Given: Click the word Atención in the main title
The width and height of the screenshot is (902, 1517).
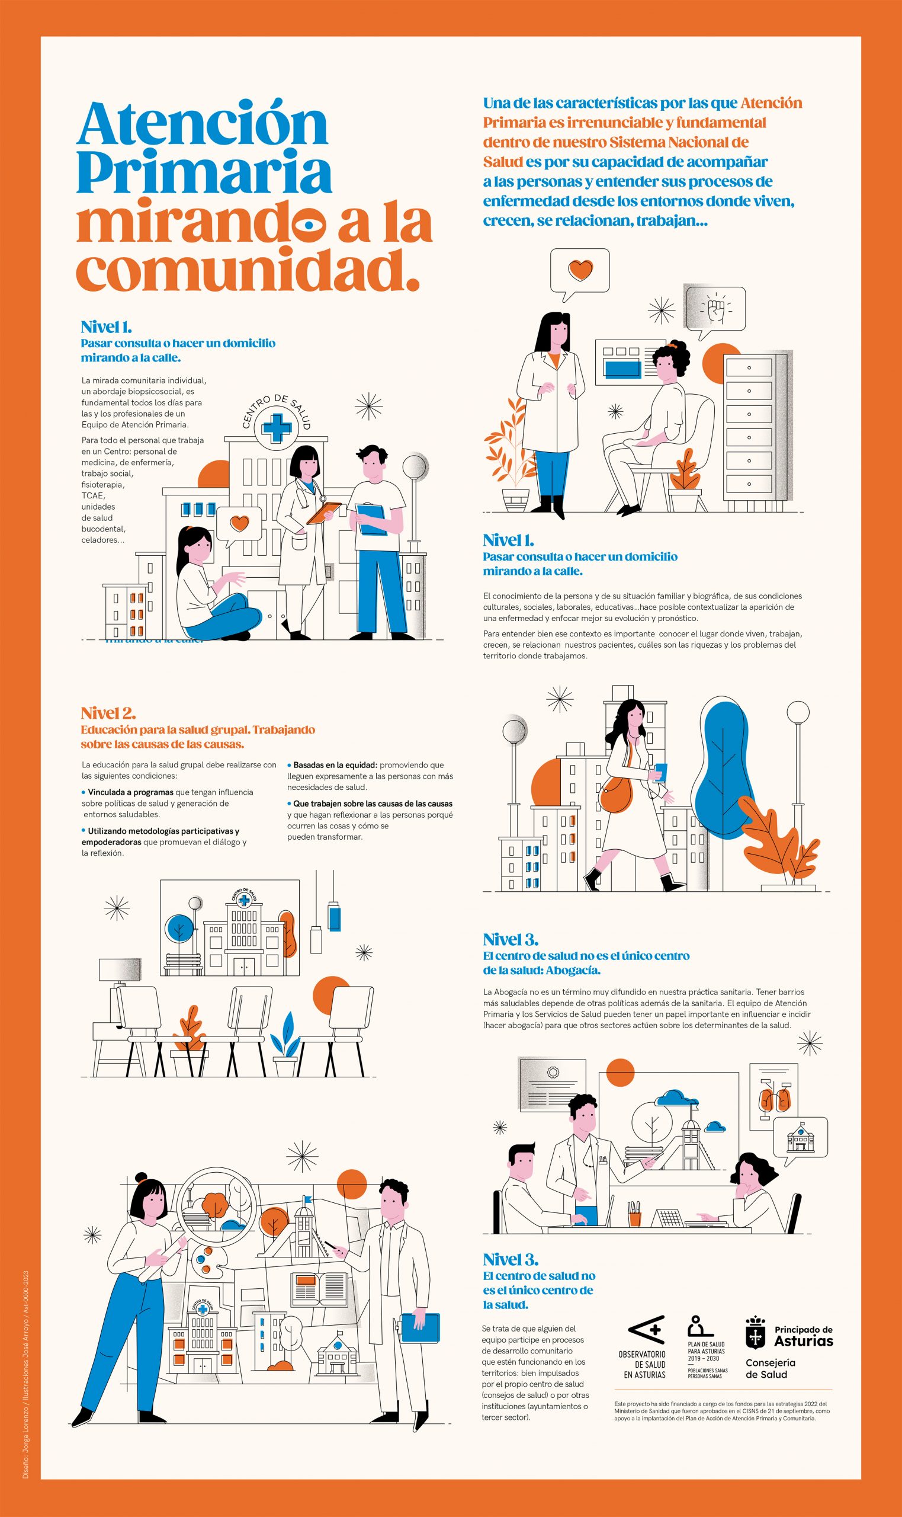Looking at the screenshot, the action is [203, 125].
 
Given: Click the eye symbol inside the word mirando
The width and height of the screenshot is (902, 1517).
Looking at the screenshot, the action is [310, 225].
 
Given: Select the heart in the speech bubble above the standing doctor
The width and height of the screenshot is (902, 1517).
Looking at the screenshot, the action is [580, 270].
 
